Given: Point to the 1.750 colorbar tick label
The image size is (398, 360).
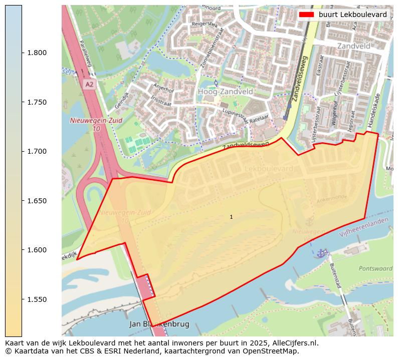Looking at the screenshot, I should (x=37, y=102).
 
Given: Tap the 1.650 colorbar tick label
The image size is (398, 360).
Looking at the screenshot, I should (x=37, y=201).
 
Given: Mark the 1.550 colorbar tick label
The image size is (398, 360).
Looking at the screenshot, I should (x=37, y=299).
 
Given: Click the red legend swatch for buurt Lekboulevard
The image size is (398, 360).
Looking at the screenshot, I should (x=306, y=15).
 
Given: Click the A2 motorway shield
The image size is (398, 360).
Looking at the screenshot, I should (x=89, y=85).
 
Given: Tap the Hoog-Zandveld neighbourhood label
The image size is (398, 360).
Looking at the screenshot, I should (x=225, y=92).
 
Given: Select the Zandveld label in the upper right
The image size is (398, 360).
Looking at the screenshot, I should (x=353, y=46).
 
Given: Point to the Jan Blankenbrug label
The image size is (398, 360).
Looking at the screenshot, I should (x=159, y=324).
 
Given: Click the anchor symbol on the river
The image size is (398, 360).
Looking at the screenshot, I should (x=321, y=253).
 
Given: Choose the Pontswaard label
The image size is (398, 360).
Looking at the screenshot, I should (x=375, y=268).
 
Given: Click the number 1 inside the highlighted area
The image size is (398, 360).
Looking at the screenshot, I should (x=231, y=217).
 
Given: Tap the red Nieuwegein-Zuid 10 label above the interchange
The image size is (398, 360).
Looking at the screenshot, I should (x=88, y=124).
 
